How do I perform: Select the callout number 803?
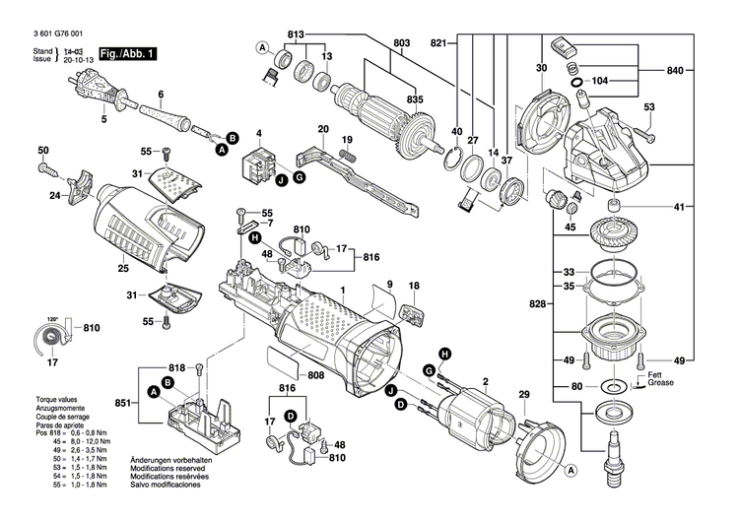tap(401, 43)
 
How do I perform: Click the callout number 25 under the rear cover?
tap(122, 268)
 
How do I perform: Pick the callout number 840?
tap(674, 72)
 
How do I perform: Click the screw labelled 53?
tap(642, 127)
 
